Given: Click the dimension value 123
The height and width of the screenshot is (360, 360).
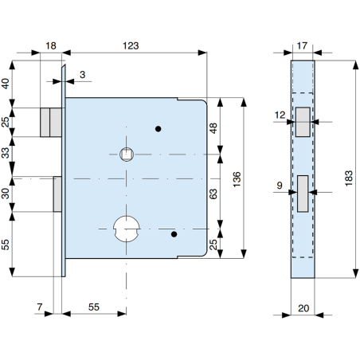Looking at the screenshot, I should (132, 46).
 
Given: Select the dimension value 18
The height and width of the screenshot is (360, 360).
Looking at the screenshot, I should (51, 46).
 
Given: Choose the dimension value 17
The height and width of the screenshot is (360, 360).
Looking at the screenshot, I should (303, 46).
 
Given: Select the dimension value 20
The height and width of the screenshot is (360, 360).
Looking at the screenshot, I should (303, 306).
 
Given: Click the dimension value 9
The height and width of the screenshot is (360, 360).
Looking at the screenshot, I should (279, 187).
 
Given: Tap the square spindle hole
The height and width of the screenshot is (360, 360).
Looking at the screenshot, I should (125, 154).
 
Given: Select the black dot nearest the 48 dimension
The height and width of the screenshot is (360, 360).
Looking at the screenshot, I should (158, 129).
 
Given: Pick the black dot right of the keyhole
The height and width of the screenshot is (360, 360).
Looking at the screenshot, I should (174, 234).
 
